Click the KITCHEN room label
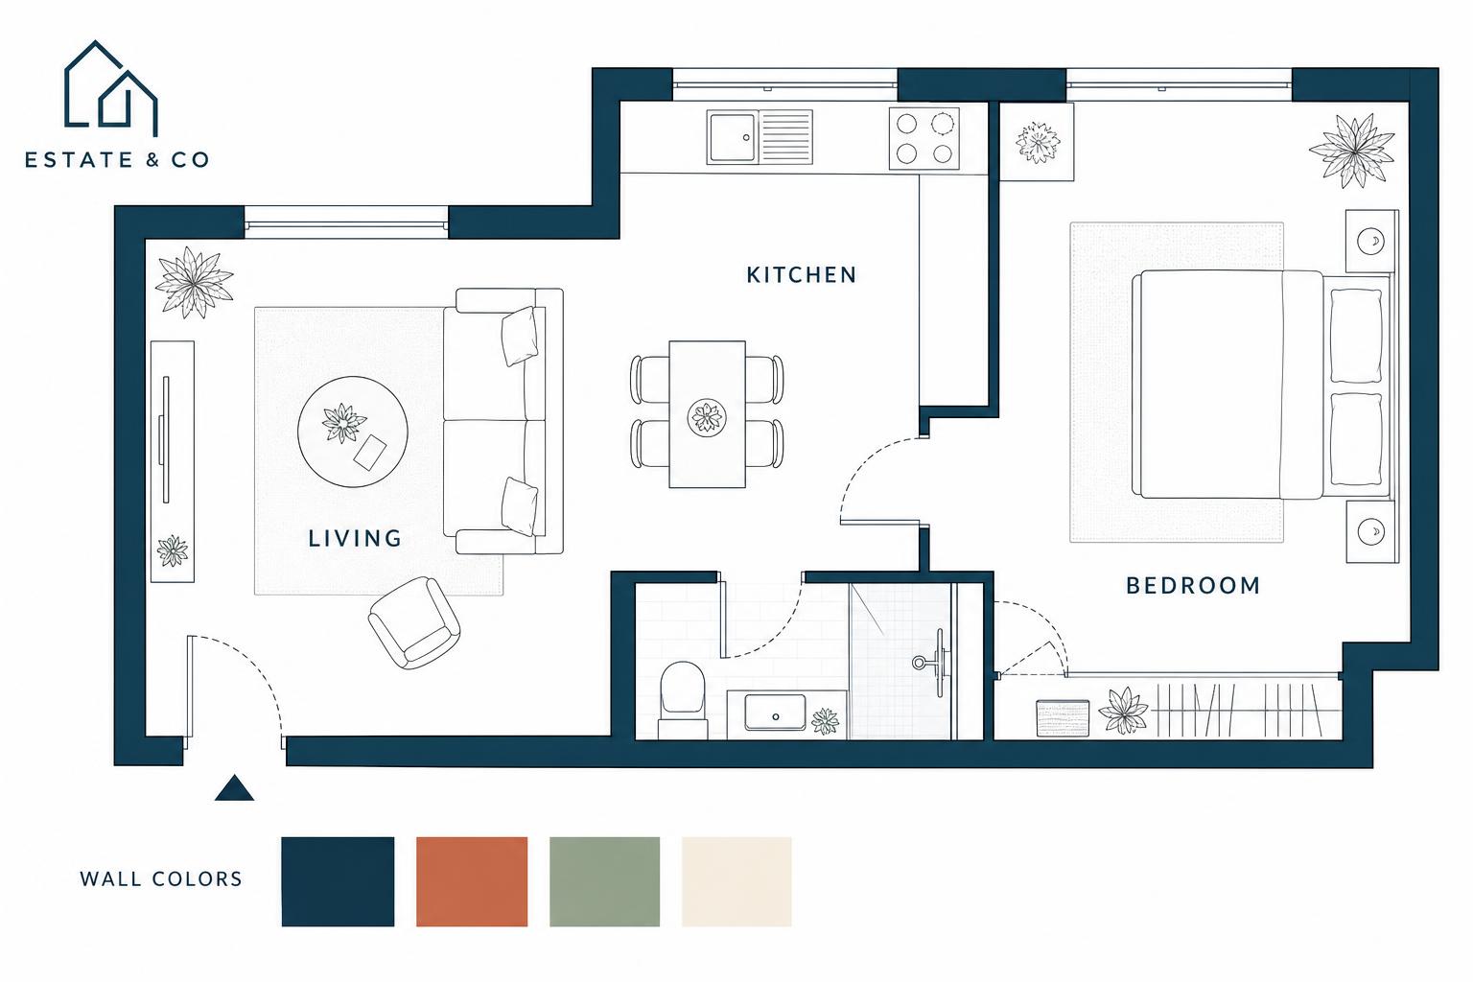801,275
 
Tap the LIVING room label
355,539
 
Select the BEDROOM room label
1193,585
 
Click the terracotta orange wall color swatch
472,881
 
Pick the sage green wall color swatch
604,881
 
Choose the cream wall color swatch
736,881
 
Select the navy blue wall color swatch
338,881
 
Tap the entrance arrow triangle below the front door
234,788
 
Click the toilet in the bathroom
683,700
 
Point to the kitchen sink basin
733,137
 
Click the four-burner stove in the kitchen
924,138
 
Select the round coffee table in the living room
353,432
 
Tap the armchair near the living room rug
413,623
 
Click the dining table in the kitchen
707,414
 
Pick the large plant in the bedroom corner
1352,151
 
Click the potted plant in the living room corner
194,282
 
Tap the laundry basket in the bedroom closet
1063,718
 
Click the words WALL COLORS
161,879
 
